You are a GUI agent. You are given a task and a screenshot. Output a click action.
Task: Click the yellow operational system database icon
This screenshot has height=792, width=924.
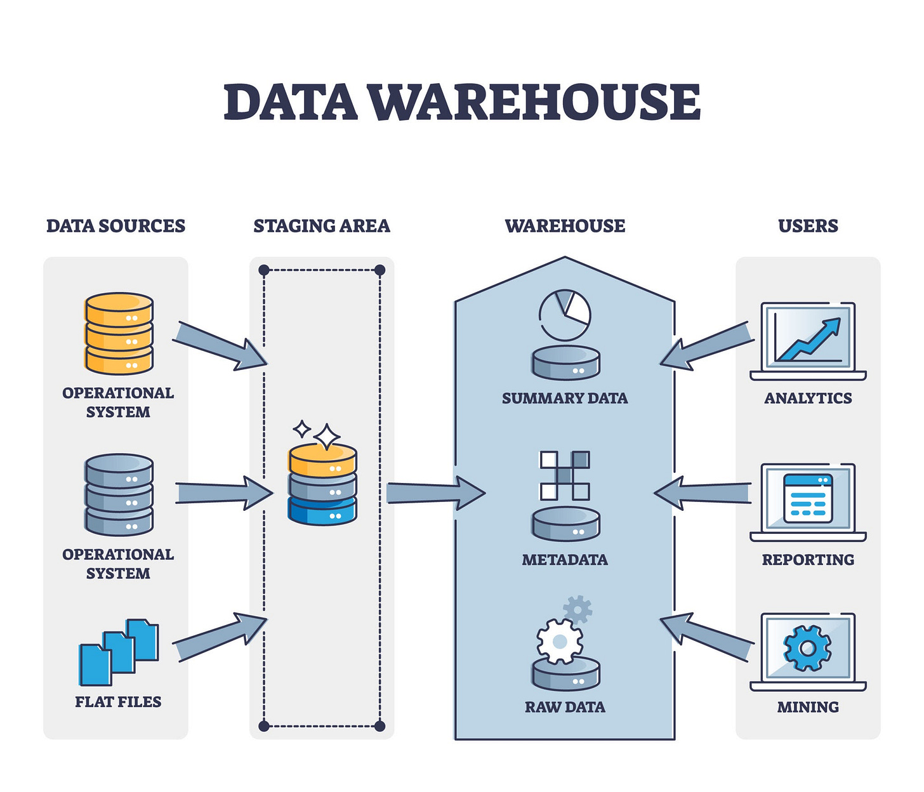[119, 333]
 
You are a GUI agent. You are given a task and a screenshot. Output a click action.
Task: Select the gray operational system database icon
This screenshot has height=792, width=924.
[119, 494]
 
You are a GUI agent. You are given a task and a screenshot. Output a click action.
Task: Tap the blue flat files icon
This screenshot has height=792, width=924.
[119, 652]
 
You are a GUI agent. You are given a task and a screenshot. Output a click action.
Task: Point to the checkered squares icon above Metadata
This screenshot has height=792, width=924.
[565, 475]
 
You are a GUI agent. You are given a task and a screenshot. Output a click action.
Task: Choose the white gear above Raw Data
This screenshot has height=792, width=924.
[559, 642]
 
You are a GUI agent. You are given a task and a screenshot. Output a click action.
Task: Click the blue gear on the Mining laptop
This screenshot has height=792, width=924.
[807, 648]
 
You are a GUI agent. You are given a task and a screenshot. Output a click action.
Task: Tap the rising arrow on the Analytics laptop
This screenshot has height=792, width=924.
[810, 339]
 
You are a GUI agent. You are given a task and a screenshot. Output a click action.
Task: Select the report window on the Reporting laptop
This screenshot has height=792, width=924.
[808, 498]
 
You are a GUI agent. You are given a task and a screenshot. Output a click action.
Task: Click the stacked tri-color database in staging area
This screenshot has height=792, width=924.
[322, 484]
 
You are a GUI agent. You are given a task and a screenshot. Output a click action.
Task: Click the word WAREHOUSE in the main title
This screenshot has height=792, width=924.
[535, 102]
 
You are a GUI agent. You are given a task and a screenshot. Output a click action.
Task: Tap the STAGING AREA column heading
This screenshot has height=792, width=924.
[322, 226]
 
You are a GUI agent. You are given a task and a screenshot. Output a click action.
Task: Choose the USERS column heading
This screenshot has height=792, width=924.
[808, 226]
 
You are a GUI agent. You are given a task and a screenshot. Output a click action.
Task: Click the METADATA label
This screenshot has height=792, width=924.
[565, 560]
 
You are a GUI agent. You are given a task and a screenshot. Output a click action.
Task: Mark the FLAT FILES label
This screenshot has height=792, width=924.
[118, 702]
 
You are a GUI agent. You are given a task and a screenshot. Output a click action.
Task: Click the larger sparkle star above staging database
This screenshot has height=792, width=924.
[327, 437]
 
